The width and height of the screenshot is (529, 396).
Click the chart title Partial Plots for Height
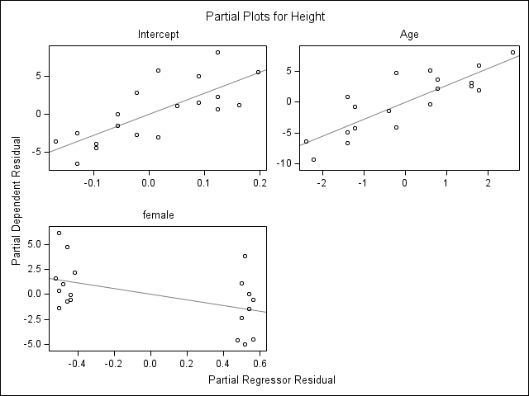pyautogui.click(x=264, y=16)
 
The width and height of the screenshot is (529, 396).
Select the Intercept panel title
pyautogui.click(x=158, y=34)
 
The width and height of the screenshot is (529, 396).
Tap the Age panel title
pyautogui.click(x=409, y=34)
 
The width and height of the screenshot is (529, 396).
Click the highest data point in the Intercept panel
pyautogui.click(x=217, y=53)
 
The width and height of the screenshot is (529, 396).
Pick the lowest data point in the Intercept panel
pyautogui.click(x=77, y=163)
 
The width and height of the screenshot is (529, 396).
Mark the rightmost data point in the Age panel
pyautogui.click(x=512, y=53)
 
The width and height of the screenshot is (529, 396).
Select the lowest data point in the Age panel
pyautogui.click(x=313, y=159)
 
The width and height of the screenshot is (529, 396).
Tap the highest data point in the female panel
pyautogui.click(x=59, y=233)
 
